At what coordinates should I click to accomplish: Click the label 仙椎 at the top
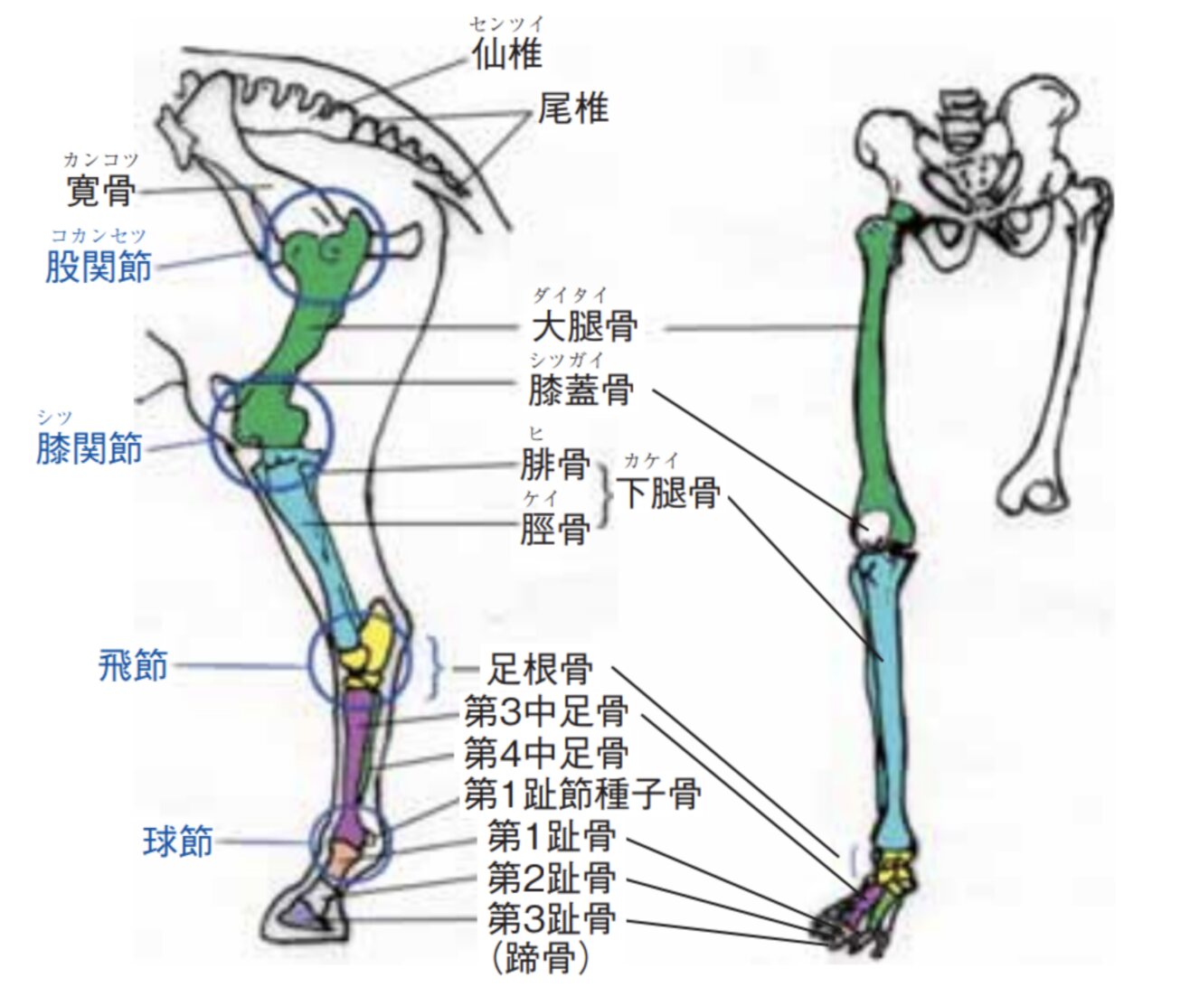[507, 55]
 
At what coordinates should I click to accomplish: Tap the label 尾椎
[573, 109]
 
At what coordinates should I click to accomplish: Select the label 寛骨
[101, 191]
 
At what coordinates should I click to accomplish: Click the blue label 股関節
[99, 268]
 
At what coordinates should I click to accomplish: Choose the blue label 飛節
[133, 666]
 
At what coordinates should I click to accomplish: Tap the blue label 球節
[178, 841]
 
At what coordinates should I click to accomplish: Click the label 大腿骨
[584, 327]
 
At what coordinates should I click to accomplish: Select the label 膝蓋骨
[581, 390]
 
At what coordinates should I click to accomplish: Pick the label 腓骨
[555, 465]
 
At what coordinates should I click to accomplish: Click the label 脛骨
[555, 529]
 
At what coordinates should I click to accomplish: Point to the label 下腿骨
[669, 493]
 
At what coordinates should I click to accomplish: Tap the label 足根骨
[540, 670]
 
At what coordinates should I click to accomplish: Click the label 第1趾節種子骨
[582, 795]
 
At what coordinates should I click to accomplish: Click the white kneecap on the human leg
[874, 526]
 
